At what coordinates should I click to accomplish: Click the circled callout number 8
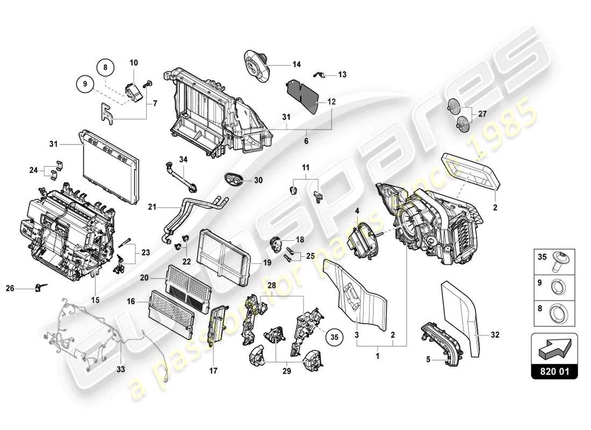click(105, 67)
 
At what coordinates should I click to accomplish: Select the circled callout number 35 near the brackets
click(334, 338)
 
